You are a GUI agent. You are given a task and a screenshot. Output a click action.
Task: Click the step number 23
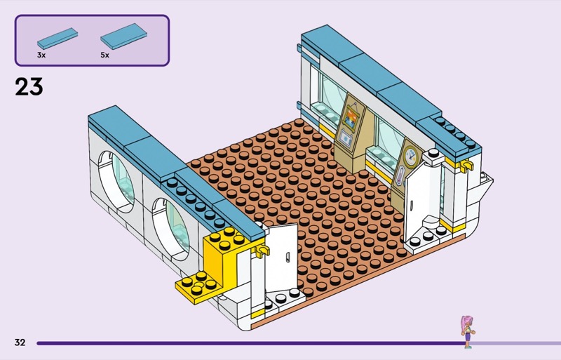click(x=29, y=86)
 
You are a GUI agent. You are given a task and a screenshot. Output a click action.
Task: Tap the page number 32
click(x=20, y=342)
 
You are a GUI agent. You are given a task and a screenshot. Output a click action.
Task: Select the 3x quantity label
click(x=41, y=54)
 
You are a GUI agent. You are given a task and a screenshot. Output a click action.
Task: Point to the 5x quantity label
click(x=104, y=54)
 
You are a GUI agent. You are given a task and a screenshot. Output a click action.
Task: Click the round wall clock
click(x=410, y=155)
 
